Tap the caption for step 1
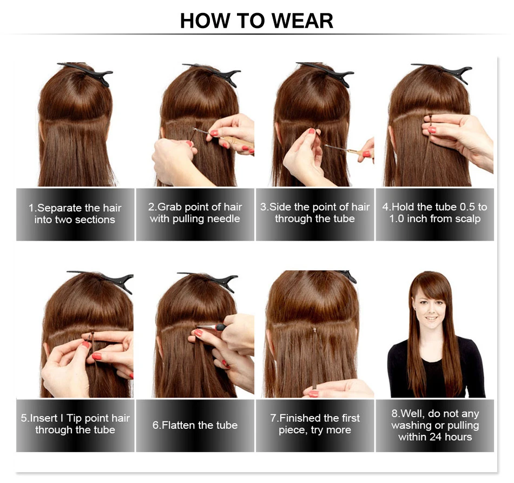click(x=75, y=214)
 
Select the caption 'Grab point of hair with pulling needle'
click(x=195, y=213)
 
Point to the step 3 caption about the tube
click(x=315, y=213)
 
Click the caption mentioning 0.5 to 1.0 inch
click(x=434, y=213)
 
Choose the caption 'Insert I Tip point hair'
click(x=75, y=424)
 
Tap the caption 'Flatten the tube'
click(x=195, y=425)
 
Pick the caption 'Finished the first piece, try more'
click(x=315, y=424)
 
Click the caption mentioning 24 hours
click(x=434, y=425)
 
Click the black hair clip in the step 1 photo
click(x=89, y=72)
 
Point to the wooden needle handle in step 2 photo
click(x=236, y=142)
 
